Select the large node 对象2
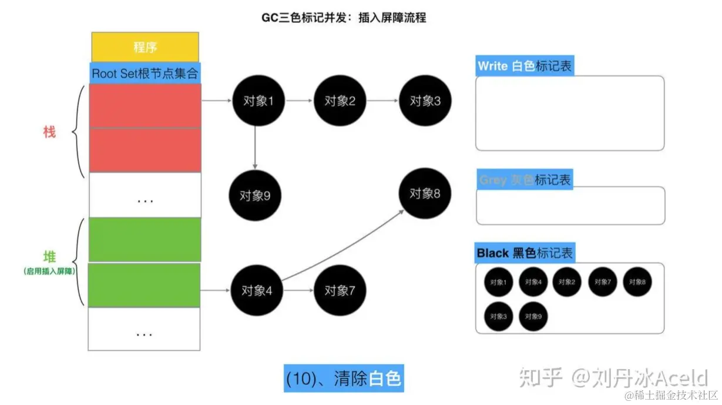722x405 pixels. [340, 101]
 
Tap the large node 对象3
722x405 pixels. [424, 101]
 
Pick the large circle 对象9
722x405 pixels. [254, 195]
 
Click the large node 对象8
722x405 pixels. [424, 193]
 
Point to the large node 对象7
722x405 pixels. [340, 290]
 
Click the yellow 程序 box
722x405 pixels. [145, 46]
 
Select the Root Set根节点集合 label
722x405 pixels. [145, 74]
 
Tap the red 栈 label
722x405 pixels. [49, 132]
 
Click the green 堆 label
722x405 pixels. [49, 257]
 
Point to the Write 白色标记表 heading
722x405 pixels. [524, 66]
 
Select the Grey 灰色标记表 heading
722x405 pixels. [524, 180]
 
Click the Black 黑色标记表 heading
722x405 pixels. [524, 253]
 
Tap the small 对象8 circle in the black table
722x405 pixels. [637, 282]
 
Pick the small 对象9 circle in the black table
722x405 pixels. [533, 316]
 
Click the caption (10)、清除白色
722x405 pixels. [344, 379]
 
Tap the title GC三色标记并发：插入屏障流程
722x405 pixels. [344, 18]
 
